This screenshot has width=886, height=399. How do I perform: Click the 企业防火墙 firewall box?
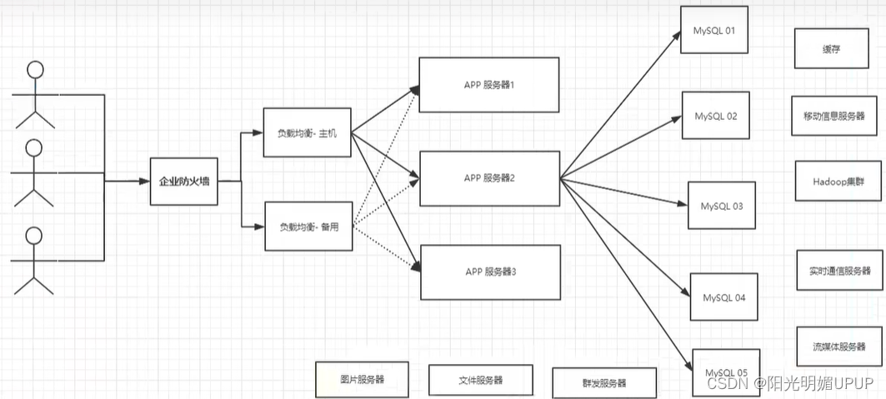point(184,180)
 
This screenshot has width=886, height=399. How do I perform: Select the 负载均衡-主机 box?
point(307,133)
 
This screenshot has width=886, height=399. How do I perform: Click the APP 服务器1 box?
point(488,85)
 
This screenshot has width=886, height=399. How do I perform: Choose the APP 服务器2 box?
point(488,178)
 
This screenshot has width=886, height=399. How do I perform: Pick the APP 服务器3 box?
point(488,272)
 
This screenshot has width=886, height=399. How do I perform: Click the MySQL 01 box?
point(714,31)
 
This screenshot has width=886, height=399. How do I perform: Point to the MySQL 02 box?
point(715,117)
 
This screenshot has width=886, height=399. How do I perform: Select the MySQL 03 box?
point(721,206)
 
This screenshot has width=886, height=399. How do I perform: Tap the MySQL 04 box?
point(723,297)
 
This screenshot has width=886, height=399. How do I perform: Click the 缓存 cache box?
point(830,49)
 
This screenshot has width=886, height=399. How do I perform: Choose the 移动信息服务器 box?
point(834,116)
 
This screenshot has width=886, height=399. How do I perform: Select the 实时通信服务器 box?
point(838,271)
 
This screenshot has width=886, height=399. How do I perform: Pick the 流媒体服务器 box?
point(838,347)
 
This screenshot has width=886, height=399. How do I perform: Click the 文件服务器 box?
point(480,380)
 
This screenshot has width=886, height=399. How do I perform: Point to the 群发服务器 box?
point(604,383)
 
